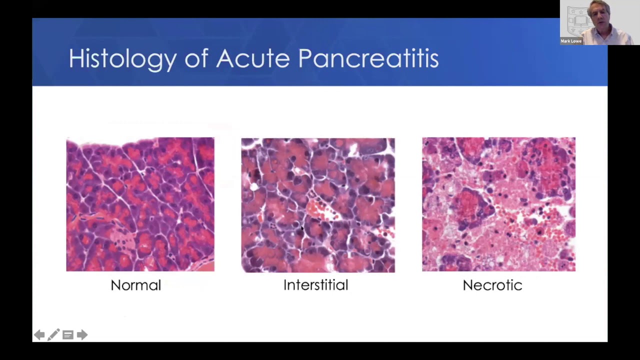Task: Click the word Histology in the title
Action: tap(122, 59)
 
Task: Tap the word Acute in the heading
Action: tap(252, 59)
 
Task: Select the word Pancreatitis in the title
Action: tap(368, 59)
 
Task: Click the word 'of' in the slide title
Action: tap(196, 59)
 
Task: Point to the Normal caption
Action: tap(135, 285)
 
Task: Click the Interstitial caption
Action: tap(315, 285)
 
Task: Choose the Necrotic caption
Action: tap(492, 285)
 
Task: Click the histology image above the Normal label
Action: tap(140, 204)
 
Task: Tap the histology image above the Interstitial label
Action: tap(318, 205)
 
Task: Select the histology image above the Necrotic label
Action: tap(498, 204)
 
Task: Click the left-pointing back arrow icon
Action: tap(39, 335)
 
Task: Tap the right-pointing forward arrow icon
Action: tap(82, 335)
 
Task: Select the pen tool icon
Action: tap(53, 335)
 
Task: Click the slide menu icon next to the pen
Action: tap(68, 335)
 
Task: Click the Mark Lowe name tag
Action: tap(571, 41)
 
